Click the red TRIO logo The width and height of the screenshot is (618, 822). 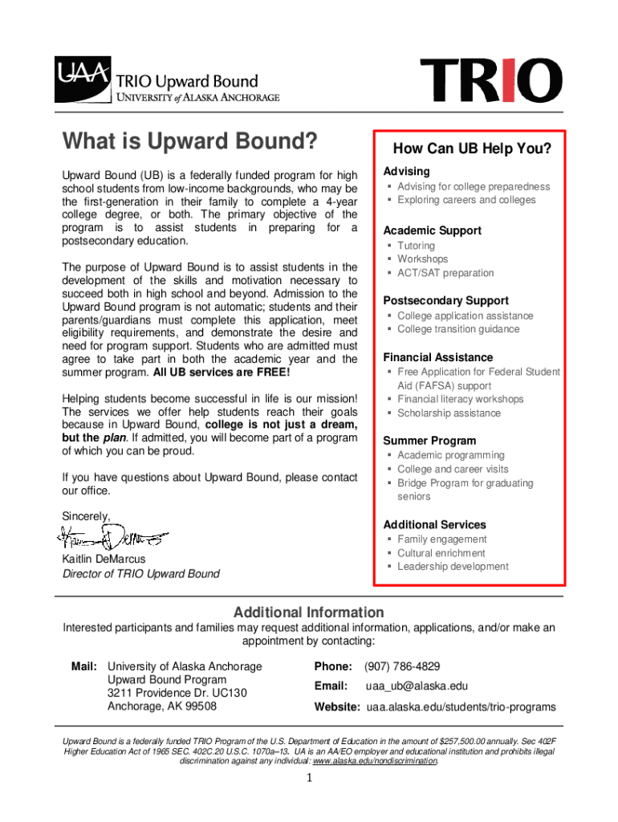coord(491,81)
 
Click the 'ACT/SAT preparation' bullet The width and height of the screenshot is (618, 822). coord(445,273)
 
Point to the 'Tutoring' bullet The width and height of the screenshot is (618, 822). coord(416,246)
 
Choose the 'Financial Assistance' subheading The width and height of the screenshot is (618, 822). coord(437,357)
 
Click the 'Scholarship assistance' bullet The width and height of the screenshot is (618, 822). coord(449,413)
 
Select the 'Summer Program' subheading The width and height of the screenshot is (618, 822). coord(429,441)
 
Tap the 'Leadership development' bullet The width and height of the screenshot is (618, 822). coord(453,567)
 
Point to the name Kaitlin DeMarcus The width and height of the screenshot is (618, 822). coord(104,559)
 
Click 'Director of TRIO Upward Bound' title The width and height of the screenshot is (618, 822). coord(140,574)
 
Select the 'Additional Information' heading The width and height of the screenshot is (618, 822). coord(308,612)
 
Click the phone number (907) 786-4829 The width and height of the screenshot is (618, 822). coord(402,667)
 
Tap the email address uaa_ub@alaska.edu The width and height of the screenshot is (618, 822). coord(417,686)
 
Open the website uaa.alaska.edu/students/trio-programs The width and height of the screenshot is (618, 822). coord(461,707)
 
